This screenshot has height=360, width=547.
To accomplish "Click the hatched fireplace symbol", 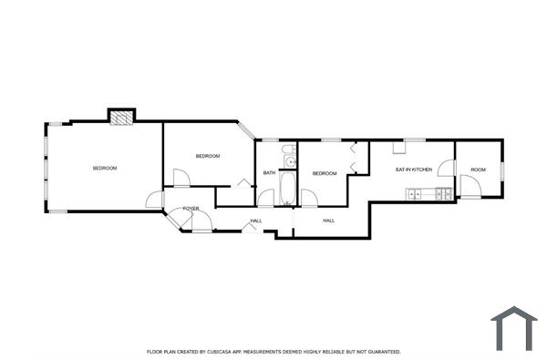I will click(x=121, y=116).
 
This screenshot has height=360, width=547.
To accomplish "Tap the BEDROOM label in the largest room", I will click(x=105, y=168).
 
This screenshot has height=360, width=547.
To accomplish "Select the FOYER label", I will click(x=191, y=209).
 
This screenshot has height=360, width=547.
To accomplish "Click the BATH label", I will click(x=269, y=173).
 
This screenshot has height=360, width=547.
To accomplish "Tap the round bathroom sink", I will click(x=290, y=163).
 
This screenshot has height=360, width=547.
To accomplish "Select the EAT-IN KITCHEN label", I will click(x=413, y=170).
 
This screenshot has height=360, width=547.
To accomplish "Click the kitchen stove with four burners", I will click(x=444, y=193).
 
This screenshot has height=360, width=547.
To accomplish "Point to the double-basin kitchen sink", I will click(x=416, y=193).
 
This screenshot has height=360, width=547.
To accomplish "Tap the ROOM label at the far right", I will click(x=478, y=170).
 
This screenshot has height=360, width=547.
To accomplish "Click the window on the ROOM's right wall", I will click(x=501, y=170).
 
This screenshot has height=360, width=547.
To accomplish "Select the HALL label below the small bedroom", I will click(x=328, y=221).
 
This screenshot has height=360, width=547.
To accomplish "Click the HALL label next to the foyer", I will click(x=256, y=221).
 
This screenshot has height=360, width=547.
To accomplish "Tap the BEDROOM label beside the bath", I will click(x=325, y=173).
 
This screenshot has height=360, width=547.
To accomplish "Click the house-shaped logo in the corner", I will click(x=514, y=327).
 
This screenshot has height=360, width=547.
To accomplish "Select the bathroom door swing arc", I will click(x=265, y=196).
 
